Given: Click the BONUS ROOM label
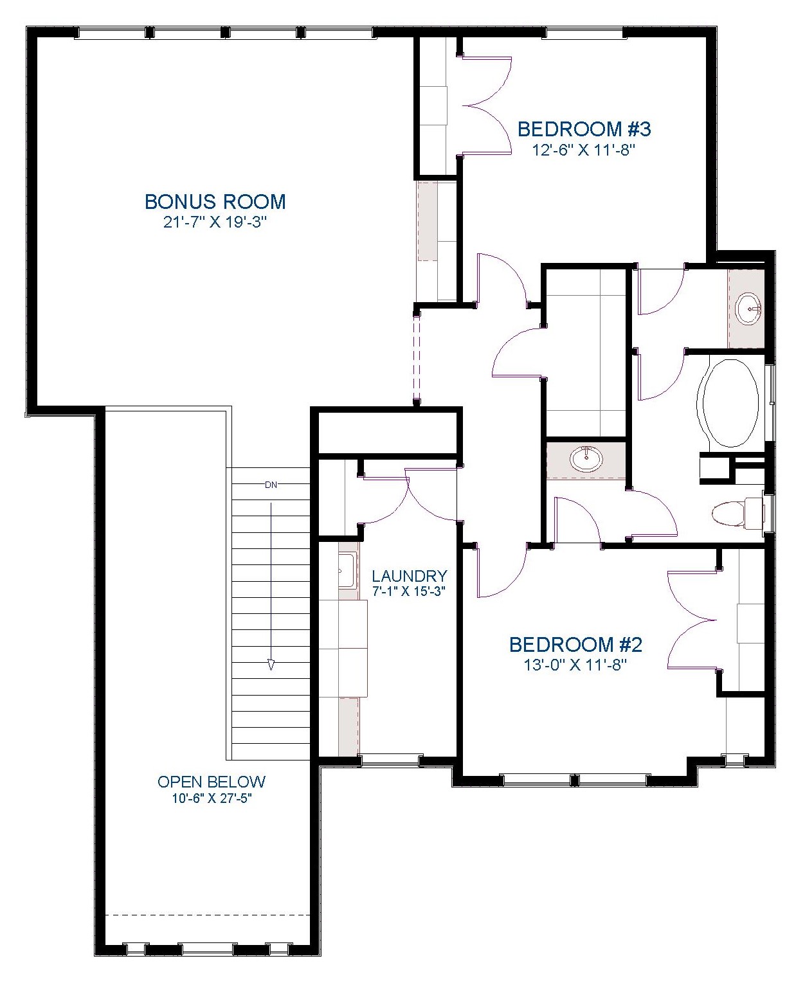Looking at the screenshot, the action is point(215,202).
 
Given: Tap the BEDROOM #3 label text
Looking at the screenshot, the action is point(584,129).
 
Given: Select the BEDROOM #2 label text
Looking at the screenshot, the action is point(575,645).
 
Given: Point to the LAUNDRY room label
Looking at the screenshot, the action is point(410,576).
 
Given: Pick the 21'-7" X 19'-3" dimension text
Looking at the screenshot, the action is point(215,223).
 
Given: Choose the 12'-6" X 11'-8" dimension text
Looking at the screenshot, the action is point(584,150).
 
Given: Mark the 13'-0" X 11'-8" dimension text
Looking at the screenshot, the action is point(575,665).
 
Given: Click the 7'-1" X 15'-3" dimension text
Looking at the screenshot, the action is point(410,591).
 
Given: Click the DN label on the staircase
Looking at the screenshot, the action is point(271,485).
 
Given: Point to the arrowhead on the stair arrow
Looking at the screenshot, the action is point(271,665).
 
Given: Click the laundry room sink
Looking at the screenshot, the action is point(347,570).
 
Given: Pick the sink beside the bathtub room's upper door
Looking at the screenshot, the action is point(748,309).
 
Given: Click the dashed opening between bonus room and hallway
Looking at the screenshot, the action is point(417,358).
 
